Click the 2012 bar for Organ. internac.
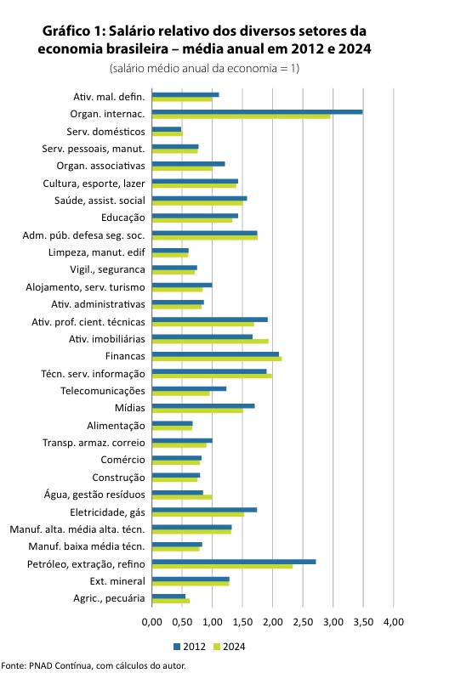click(x=257, y=112)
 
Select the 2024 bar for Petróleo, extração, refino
click(x=223, y=566)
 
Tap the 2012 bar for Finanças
click(x=215, y=354)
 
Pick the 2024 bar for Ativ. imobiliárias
click(x=210, y=342)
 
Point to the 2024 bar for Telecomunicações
click(x=180, y=393)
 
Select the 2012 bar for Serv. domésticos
click(x=167, y=129)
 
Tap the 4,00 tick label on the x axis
click(x=393, y=622)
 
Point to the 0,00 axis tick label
click(x=152, y=622)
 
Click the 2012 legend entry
click(x=190, y=647)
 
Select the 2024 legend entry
click(x=229, y=647)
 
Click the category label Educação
click(x=122, y=218)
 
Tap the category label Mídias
click(x=130, y=408)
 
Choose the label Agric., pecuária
click(x=109, y=598)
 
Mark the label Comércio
click(x=122, y=460)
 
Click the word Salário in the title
click(x=131, y=31)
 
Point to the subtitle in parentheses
click(x=204, y=68)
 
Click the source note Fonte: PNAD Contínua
click(x=47, y=665)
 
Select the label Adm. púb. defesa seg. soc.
click(x=83, y=235)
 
